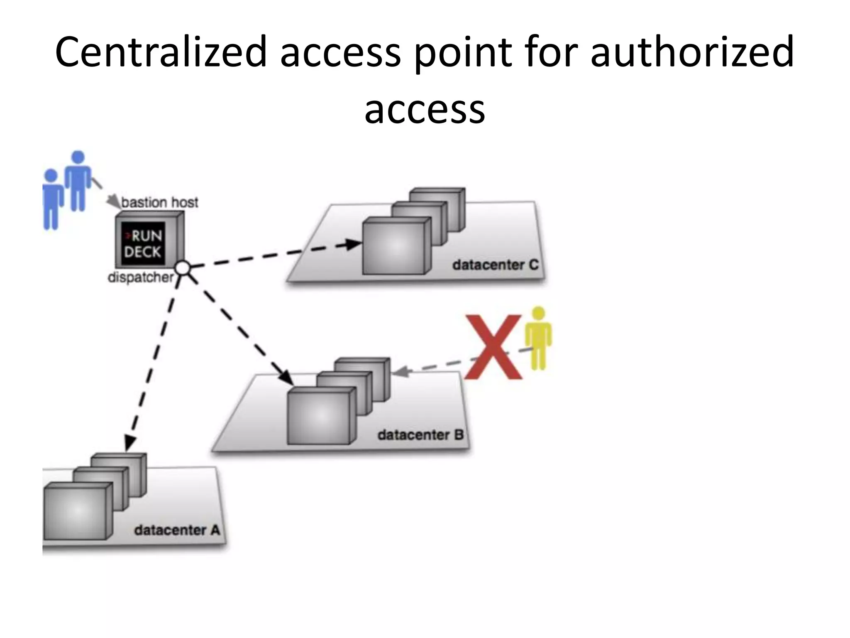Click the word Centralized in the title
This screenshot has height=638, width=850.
tap(161, 52)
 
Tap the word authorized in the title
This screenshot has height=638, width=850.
tap(692, 52)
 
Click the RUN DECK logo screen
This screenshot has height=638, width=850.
tap(142, 244)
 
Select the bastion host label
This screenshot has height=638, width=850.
tap(160, 203)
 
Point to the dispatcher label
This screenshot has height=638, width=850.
tap(140, 277)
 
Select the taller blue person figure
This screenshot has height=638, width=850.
tap(78, 181)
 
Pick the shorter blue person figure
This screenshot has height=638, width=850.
tap(51, 199)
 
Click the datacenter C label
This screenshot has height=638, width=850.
tap(495, 265)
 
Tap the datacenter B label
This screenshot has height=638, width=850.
tap(420, 435)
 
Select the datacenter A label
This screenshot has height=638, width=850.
tap(177, 530)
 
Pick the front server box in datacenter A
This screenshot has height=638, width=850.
tap(76, 512)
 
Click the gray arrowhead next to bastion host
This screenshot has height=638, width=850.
tap(112, 202)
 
